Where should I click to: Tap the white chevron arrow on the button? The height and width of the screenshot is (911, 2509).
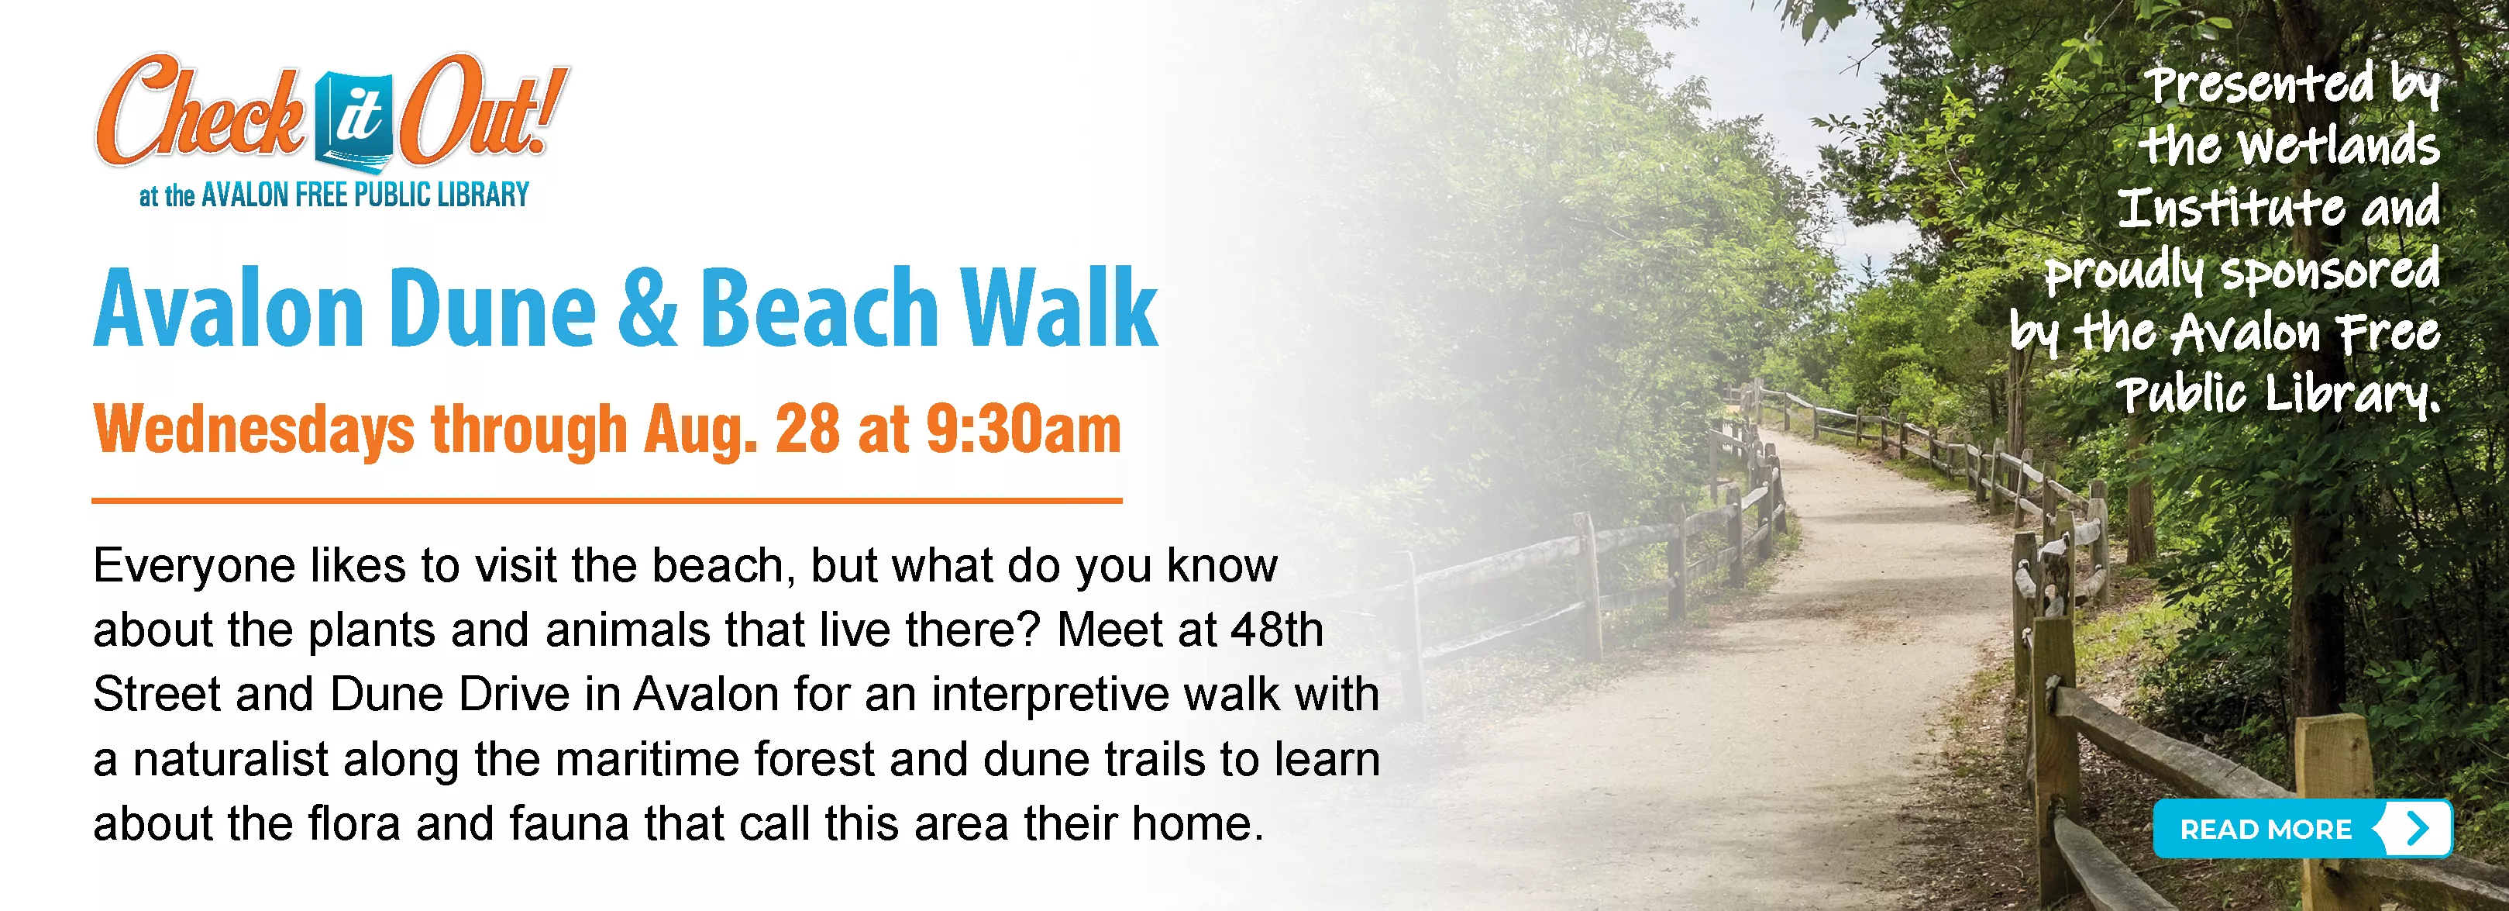2418,829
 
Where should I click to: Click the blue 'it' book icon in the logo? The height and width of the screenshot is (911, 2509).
356,121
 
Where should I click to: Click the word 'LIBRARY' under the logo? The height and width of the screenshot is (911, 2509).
483,195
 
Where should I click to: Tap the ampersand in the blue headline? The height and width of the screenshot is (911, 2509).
648,307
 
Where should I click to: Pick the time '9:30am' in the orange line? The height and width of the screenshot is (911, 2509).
1024,429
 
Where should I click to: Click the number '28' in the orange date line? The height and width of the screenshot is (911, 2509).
807,429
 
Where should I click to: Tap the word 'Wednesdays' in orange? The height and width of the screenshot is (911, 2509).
253,430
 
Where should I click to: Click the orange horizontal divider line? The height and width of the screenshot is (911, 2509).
607,501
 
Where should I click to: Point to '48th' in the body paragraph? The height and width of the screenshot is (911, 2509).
1277,630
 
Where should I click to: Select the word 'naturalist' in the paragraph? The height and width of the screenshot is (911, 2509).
231,760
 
